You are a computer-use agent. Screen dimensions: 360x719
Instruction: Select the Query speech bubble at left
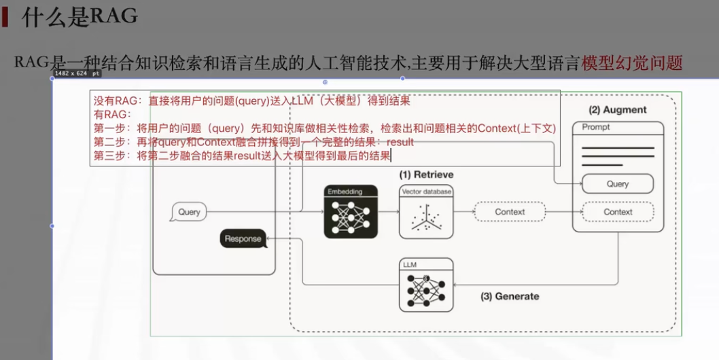(188, 212)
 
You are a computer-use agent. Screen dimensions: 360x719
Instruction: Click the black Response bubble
(243, 238)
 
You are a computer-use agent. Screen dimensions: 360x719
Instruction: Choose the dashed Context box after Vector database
(509, 212)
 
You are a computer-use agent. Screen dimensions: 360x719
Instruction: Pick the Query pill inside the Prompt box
(617, 184)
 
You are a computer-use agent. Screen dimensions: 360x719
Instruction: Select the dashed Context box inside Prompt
(617, 212)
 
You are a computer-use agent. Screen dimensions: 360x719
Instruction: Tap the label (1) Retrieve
(426, 175)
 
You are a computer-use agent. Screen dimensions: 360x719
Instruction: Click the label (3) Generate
(509, 296)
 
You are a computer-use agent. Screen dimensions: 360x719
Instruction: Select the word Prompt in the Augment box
(596, 127)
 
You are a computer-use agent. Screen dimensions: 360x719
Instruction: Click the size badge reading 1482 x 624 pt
(77, 73)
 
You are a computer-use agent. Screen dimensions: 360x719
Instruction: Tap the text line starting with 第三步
(243, 156)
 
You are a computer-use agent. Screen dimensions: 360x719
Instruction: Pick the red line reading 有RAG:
(112, 114)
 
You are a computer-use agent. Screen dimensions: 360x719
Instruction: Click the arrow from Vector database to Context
(463, 212)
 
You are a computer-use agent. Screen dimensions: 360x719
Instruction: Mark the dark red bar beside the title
(5, 17)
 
